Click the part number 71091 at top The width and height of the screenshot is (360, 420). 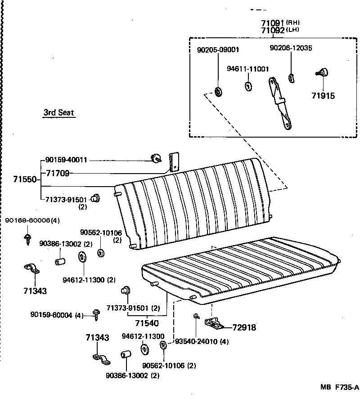click(x=272, y=23)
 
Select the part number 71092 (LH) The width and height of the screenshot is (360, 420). click(x=272, y=31)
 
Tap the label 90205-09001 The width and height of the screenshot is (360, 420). click(x=218, y=50)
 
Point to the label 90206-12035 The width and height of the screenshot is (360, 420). click(x=291, y=48)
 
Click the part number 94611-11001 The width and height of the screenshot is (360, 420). click(x=247, y=69)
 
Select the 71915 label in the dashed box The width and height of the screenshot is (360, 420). click(x=323, y=95)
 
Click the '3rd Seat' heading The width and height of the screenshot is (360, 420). click(x=58, y=113)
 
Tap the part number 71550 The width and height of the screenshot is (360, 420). click(x=25, y=179)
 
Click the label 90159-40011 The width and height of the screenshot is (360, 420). click(x=66, y=160)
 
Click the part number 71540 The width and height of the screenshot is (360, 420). click(x=147, y=323)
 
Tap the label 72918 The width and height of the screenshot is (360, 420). click(x=244, y=327)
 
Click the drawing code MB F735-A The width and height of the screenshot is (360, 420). click(x=339, y=387)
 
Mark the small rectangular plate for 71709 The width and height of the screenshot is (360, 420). click(x=173, y=161)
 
